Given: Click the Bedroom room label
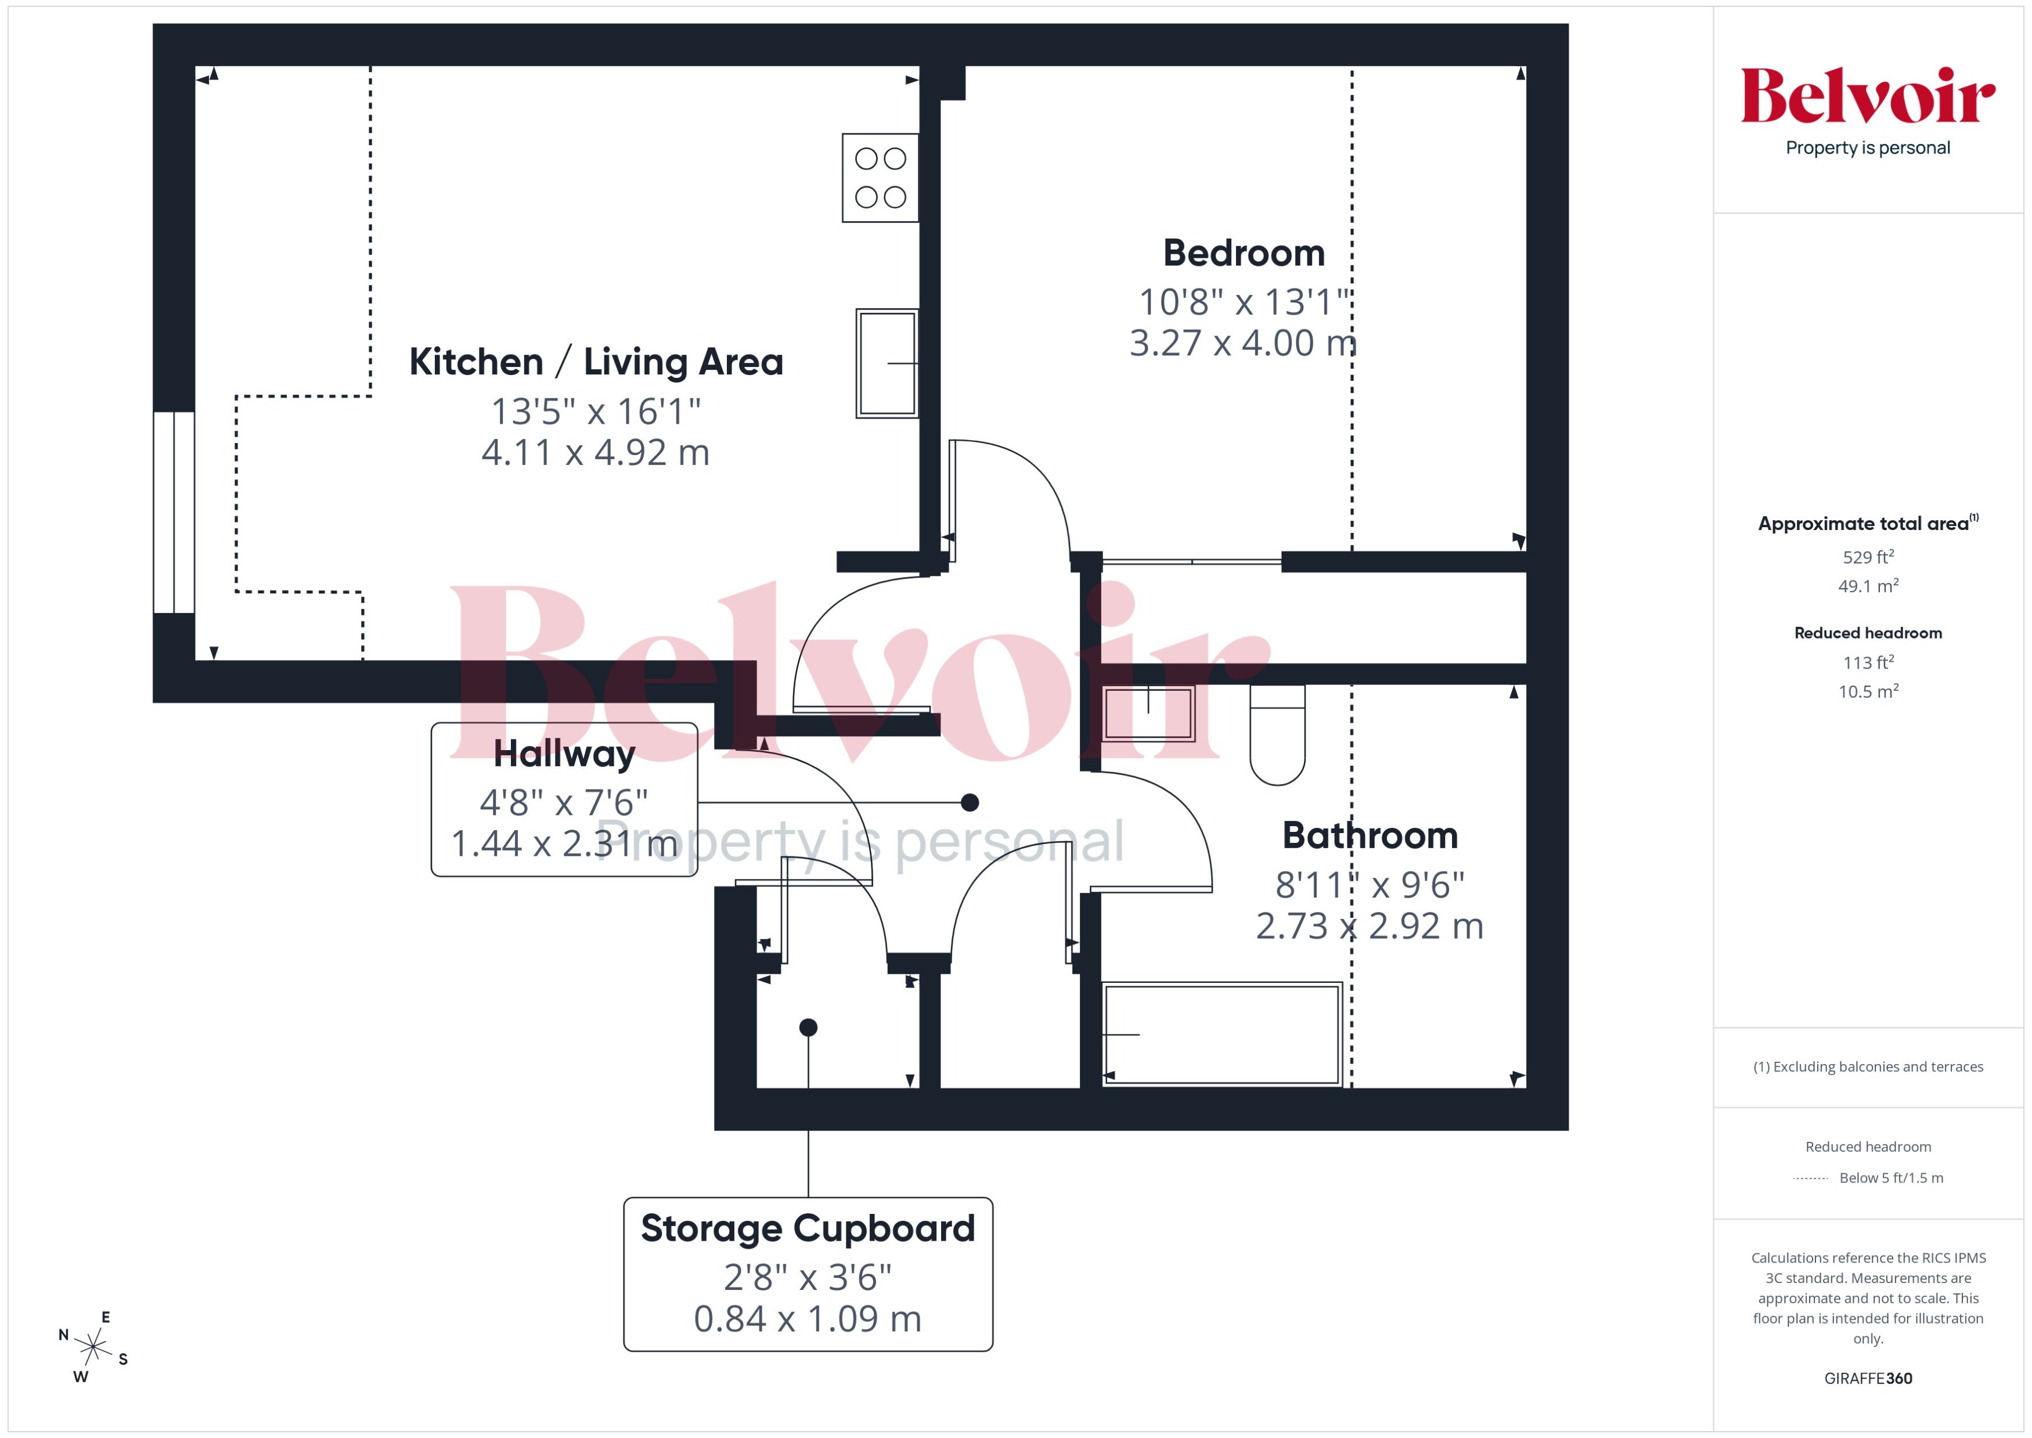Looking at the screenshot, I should tap(1243, 253).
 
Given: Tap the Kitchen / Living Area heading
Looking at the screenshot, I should tap(596, 362).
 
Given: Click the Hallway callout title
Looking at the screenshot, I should tap(564, 754).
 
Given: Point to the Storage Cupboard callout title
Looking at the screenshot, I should tap(808, 1228).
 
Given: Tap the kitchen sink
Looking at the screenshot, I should tap(887, 363).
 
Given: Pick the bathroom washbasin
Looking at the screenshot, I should tap(1148, 713).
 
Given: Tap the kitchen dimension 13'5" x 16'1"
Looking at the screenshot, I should tap(596, 412).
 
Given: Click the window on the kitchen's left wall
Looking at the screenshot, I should tap(174, 512).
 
